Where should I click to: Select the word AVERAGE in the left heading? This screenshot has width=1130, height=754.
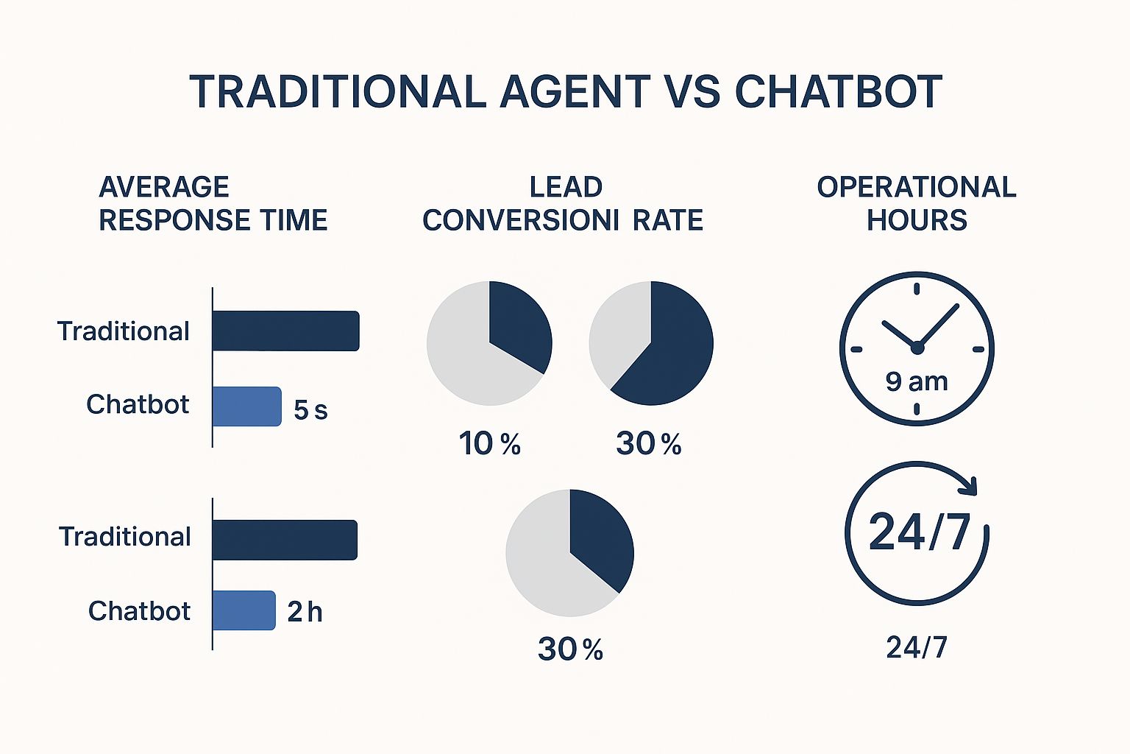[x=164, y=187]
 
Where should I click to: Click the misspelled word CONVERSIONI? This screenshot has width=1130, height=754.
[x=521, y=220]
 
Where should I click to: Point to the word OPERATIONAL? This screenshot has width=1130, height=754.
[x=917, y=187]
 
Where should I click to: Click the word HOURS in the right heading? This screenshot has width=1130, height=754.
[x=917, y=220]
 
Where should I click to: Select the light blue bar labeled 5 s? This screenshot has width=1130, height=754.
[x=246, y=406]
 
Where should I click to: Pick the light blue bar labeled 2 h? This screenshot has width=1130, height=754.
[x=244, y=610]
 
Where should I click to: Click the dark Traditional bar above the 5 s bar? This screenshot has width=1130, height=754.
[x=285, y=331]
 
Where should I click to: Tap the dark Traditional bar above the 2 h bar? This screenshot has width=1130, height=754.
[x=285, y=540]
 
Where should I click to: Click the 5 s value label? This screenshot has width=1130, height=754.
[x=310, y=410]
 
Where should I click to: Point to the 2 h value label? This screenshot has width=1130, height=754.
[x=305, y=612]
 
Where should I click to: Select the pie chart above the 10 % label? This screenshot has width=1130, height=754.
[x=489, y=343]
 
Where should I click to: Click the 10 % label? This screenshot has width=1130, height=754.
[x=490, y=444]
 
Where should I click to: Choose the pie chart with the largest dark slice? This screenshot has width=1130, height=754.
[x=651, y=343]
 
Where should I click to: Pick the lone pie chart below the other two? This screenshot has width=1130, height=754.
[x=569, y=553]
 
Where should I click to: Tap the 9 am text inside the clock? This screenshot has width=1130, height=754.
[x=917, y=381]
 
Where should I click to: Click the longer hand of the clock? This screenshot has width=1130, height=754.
[x=939, y=324]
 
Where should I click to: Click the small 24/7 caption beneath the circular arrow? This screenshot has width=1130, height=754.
[x=917, y=647]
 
